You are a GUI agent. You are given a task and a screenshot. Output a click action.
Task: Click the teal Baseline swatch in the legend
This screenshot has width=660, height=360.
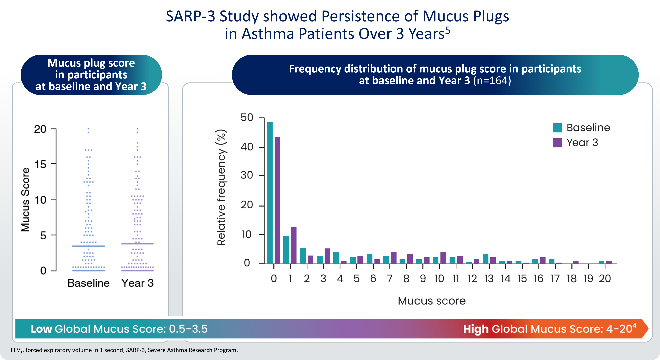coord(557,128)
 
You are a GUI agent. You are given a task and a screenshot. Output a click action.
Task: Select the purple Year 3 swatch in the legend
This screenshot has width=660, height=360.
coord(557,143)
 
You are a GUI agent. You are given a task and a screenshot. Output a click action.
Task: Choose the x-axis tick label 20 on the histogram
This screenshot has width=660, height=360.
coord(605,279)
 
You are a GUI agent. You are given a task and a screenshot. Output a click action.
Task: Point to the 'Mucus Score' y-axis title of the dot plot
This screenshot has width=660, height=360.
coord(25,200)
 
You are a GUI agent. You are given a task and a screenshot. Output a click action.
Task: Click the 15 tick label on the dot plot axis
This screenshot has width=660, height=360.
coord(40,164)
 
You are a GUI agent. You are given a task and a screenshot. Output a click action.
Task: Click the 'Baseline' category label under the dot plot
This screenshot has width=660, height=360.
coord(88,283)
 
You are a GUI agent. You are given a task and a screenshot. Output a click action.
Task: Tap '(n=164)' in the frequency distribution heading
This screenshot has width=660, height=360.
coord(492,81)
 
